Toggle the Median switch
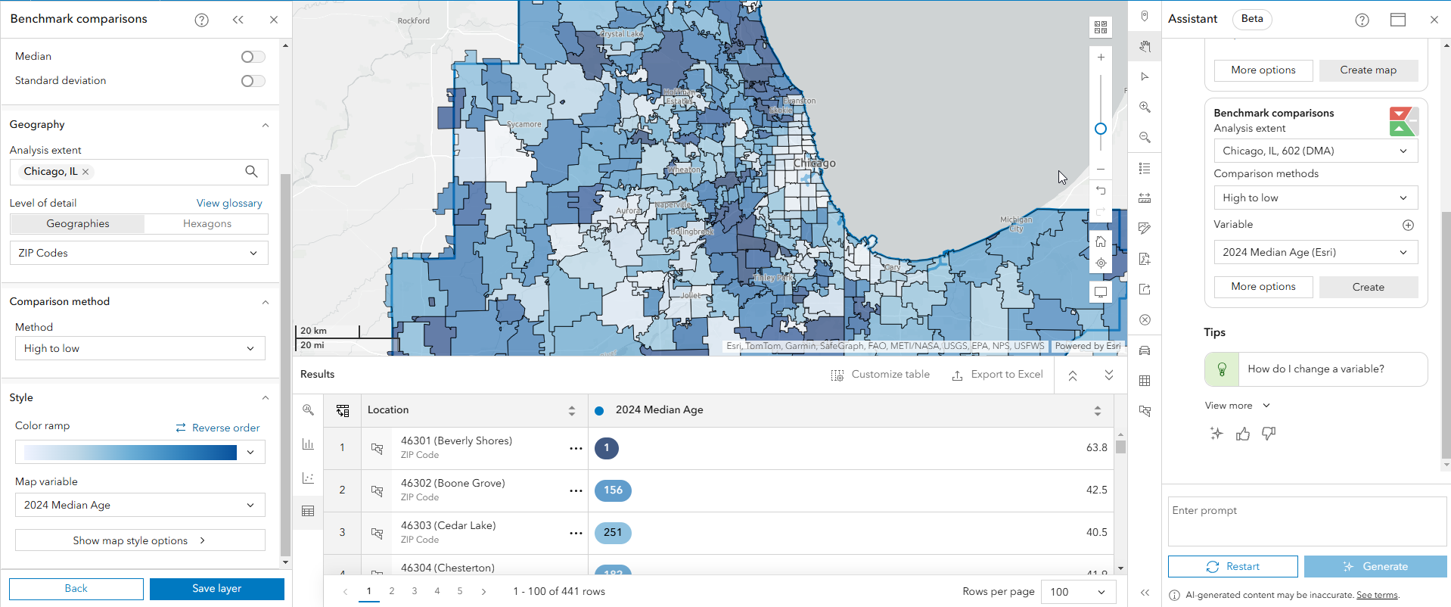[x=253, y=57]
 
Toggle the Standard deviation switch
[x=253, y=81]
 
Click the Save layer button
[x=216, y=589]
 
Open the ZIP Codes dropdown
[x=138, y=253]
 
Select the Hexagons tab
[x=207, y=224]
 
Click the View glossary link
[x=229, y=203]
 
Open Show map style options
[x=139, y=540]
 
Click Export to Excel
[x=997, y=375]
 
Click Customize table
[x=881, y=375]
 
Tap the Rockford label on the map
[x=414, y=20]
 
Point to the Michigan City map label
[x=1015, y=224]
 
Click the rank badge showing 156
[x=613, y=490]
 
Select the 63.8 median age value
[x=1096, y=448]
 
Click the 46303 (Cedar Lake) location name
[x=448, y=525]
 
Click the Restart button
[x=1232, y=567]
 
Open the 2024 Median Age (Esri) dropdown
[x=1315, y=253]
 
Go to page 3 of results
[x=415, y=591]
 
